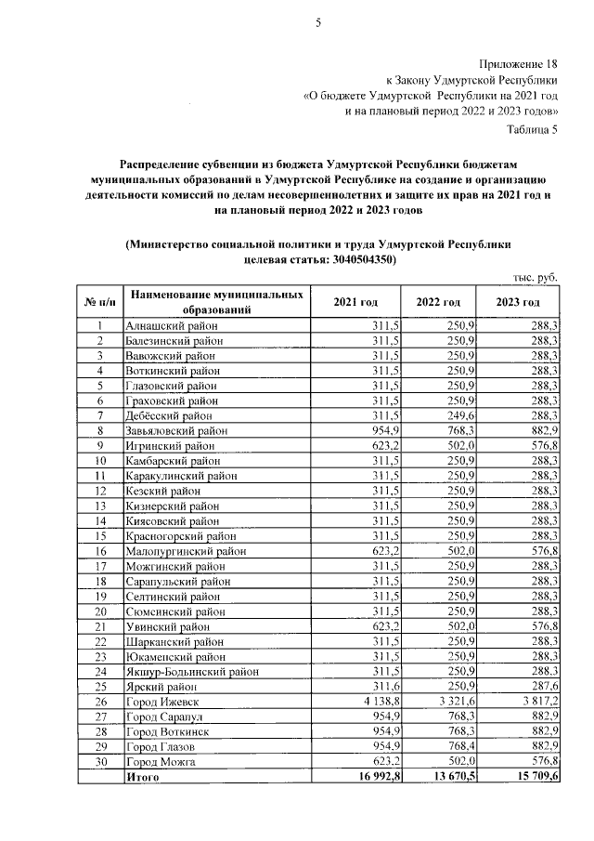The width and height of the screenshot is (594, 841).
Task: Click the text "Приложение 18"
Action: click(x=519, y=64)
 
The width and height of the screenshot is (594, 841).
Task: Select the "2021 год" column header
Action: click(x=355, y=303)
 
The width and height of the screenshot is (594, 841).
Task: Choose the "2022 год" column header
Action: click(x=438, y=303)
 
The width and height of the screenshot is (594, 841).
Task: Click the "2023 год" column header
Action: click(x=518, y=303)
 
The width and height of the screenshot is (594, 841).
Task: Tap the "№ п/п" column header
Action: click(x=99, y=303)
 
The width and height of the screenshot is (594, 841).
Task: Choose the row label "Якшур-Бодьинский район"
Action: click(x=191, y=670)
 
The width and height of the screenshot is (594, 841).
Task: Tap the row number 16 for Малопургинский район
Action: click(x=99, y=551)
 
